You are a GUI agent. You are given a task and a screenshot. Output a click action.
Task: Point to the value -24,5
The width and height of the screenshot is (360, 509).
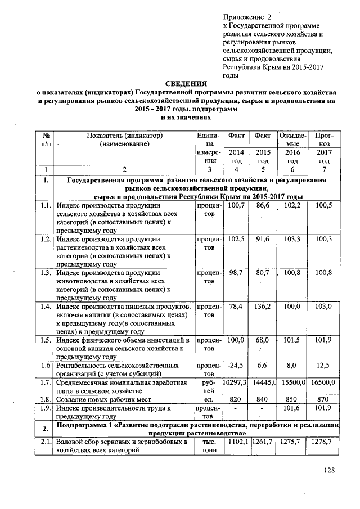click(234, 365)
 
